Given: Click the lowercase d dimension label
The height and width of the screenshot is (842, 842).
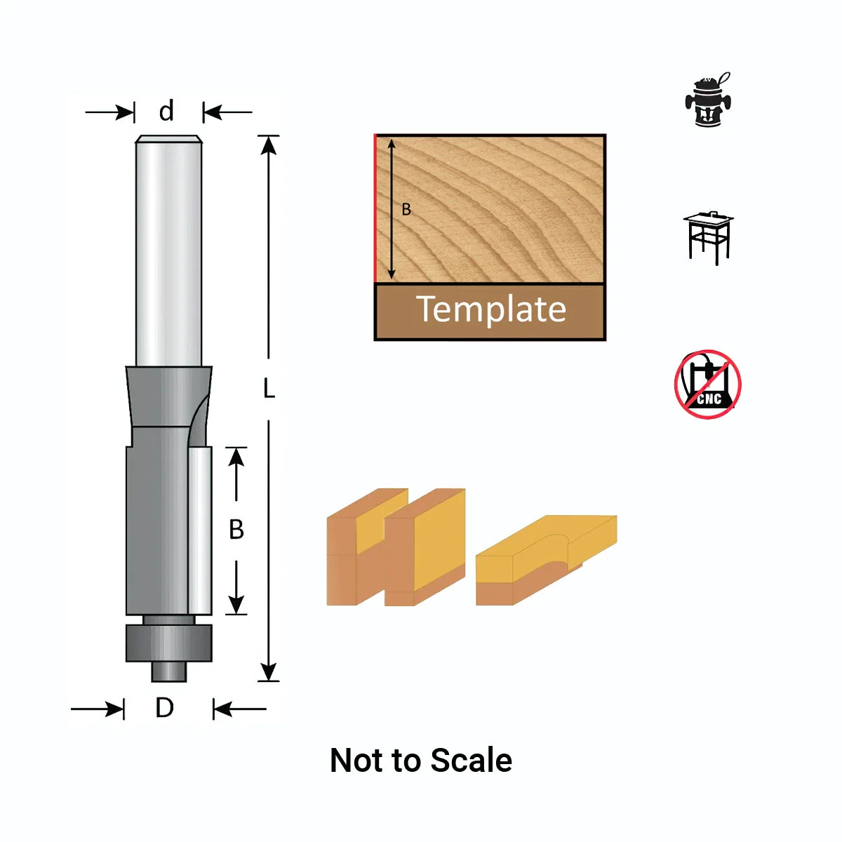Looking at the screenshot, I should (x=166, y=112).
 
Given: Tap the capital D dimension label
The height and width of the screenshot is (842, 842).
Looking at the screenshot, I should (x=164, y=708).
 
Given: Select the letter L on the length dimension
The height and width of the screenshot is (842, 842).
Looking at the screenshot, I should (x=269, y=388).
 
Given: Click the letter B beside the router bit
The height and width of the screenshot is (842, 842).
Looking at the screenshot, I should (x=236, y=529).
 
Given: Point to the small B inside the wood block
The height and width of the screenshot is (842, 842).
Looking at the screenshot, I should (x=406, y=209).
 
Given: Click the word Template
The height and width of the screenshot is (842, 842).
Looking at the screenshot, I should (x=490, y=309).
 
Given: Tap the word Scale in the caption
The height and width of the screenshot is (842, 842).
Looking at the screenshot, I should (x=471, y=761).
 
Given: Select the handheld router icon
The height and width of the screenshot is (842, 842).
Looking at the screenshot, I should (x=708, y=100).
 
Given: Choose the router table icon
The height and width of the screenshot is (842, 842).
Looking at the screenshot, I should (x=708, y=237).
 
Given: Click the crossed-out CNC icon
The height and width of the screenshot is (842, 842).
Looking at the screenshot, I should (x=708, y=385).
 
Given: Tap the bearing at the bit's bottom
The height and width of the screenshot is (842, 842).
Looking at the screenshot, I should (x=168, y=642).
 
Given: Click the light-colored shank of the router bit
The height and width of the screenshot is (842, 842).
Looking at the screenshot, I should (x=168, y=253).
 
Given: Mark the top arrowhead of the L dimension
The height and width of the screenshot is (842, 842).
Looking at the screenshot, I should (x=269, y=145).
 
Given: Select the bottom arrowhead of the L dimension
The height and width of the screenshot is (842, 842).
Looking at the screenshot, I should (x=269, y=671).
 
